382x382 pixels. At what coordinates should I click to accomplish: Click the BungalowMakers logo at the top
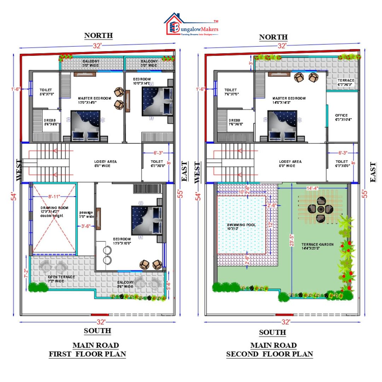click(x=191, y=25)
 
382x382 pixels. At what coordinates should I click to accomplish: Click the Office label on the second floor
click(x=341, y=117)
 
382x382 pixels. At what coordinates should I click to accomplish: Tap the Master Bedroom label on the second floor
click(x=289, y=100)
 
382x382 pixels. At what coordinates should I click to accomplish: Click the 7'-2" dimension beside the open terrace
click(x=26, y=272)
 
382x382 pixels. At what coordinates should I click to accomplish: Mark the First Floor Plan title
click(x=87, y=354)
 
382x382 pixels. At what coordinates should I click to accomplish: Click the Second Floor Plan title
click(x=270, y=354)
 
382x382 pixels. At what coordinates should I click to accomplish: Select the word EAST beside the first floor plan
click(x=184, y=171)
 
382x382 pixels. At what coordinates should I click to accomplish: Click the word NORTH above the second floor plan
click(x=273, y=37)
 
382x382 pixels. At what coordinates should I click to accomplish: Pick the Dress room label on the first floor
click(x=50, y=122)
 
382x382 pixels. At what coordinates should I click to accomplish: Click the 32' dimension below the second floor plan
click(x=286, y=322)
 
